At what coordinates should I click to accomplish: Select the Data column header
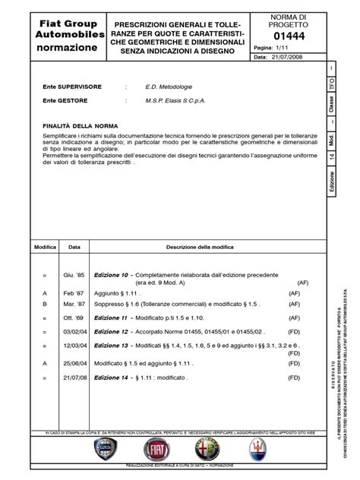74,248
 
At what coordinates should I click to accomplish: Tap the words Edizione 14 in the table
111,399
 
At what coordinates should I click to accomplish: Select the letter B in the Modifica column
45,302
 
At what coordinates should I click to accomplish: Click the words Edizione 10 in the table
111,274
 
